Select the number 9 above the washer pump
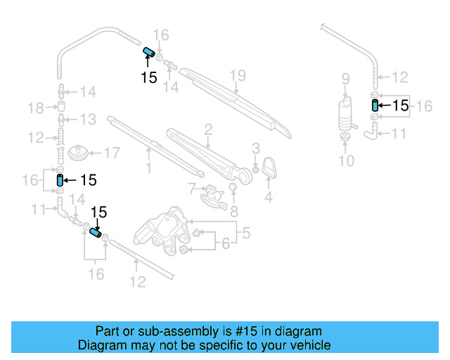tap(345, 78)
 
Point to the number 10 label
tap(345, 161)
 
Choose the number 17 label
tap(112, 152)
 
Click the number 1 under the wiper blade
tap(148, 168)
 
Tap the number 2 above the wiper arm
tap(208, 128)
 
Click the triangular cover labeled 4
tap(269, 169)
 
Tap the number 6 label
tap(226, 244)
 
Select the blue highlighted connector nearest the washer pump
tap(375, 105)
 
